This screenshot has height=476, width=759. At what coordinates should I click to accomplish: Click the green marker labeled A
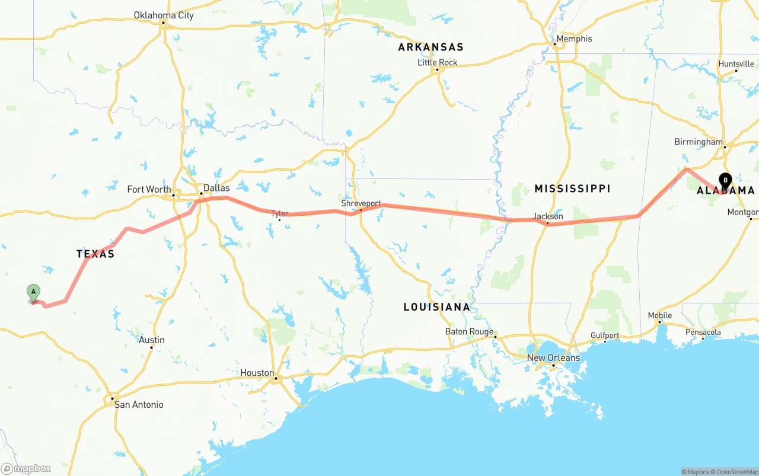(34, 292)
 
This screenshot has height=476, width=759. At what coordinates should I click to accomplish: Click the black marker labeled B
(725, 180)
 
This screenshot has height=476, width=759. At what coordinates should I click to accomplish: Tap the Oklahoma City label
(164, 15)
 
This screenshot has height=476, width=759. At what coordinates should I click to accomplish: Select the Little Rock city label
(438, 62)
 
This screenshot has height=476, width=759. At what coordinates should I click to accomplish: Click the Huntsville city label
(736, 63)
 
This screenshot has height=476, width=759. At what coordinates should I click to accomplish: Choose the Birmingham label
(699, 142)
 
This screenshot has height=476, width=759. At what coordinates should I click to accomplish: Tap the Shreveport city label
(361, 203)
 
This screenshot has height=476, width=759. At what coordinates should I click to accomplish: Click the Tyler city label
(279, 213)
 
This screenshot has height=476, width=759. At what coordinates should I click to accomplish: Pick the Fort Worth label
(149, 190)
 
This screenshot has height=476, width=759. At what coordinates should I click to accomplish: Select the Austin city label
(152, 340)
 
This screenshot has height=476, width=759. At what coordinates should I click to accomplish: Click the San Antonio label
(139, 405)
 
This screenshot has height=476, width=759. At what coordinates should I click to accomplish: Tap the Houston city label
(257, 373)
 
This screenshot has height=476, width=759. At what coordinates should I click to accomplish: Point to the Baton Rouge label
(469, 332)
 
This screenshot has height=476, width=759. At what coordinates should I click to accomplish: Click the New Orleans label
(553, 358)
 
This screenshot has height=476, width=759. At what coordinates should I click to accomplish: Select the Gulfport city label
(605, 336)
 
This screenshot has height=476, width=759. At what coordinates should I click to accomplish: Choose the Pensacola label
(703, 332)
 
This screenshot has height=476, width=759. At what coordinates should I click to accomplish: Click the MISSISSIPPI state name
(572, 189)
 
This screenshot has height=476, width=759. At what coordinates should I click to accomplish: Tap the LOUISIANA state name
(436, 307)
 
